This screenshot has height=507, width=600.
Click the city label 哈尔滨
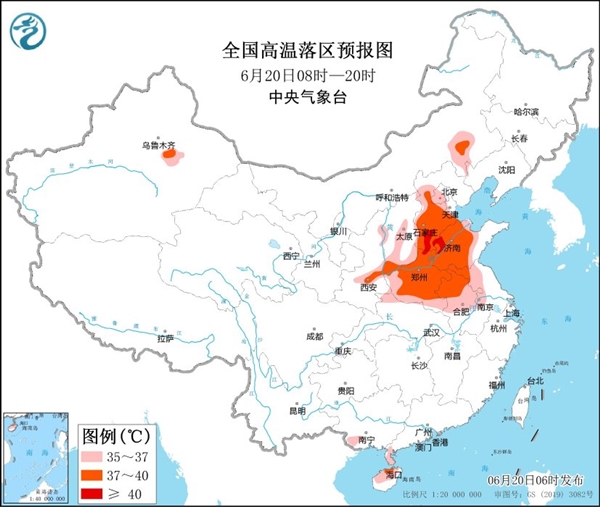(526, 112)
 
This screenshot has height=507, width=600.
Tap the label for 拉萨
(165, 338)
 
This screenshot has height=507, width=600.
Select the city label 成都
(314, 335)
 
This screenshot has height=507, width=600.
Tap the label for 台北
(536, 381)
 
